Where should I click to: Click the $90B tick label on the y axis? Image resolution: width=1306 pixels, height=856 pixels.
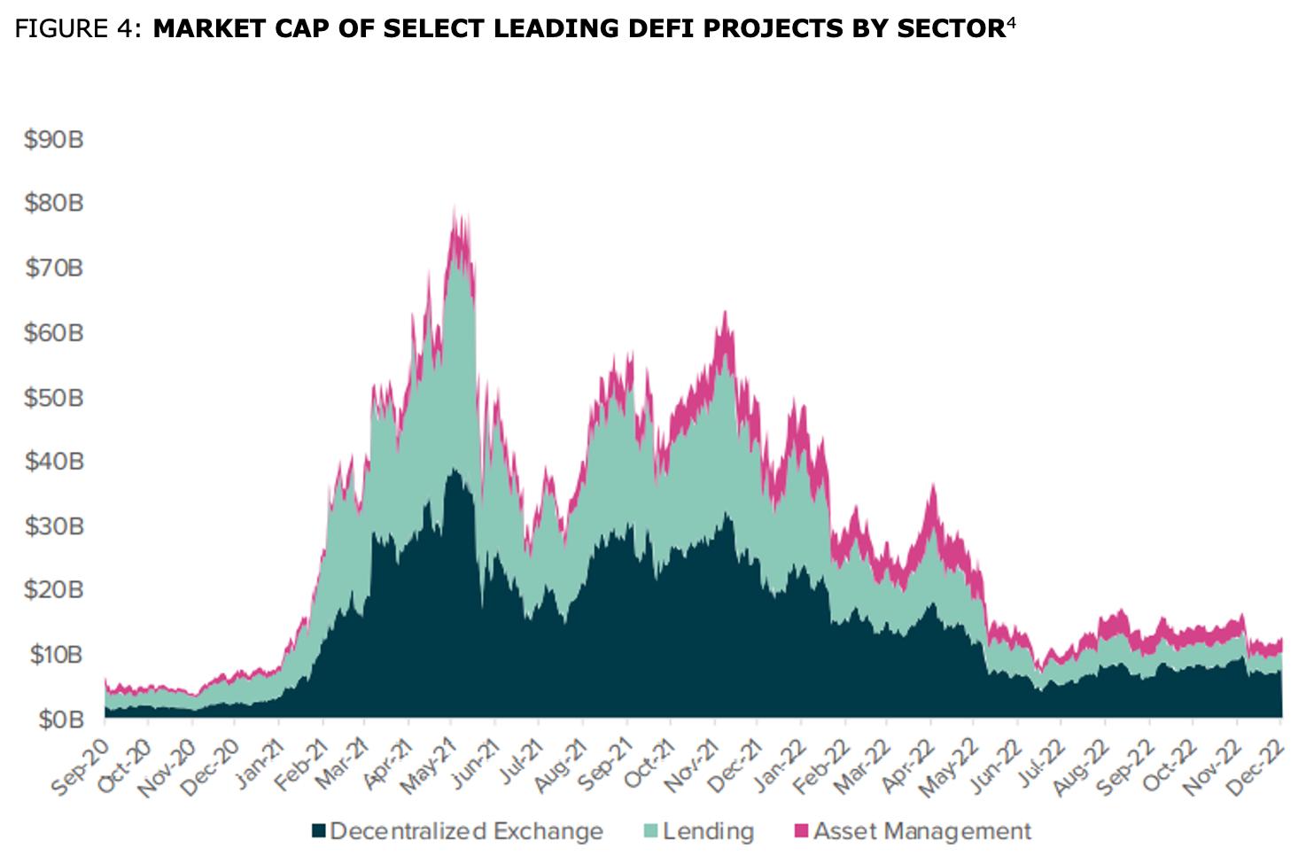tap(54, 140)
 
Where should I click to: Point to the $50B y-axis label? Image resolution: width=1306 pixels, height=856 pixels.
tap(54, 397)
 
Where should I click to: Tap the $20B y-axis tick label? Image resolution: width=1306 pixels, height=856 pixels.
tap(54, 590)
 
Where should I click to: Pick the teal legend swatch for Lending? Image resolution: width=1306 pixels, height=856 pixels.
tap(651, 831)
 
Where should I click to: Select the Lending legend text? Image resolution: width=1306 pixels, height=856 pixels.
tap(708, 831)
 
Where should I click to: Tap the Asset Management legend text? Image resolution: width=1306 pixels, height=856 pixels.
tap(922, 831)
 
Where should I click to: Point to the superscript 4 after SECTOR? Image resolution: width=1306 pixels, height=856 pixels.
tap(1011, 22)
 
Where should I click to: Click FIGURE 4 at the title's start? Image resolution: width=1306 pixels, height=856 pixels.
tap(76, 28)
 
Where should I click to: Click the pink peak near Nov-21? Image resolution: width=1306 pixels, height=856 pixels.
tap(725, 313)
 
